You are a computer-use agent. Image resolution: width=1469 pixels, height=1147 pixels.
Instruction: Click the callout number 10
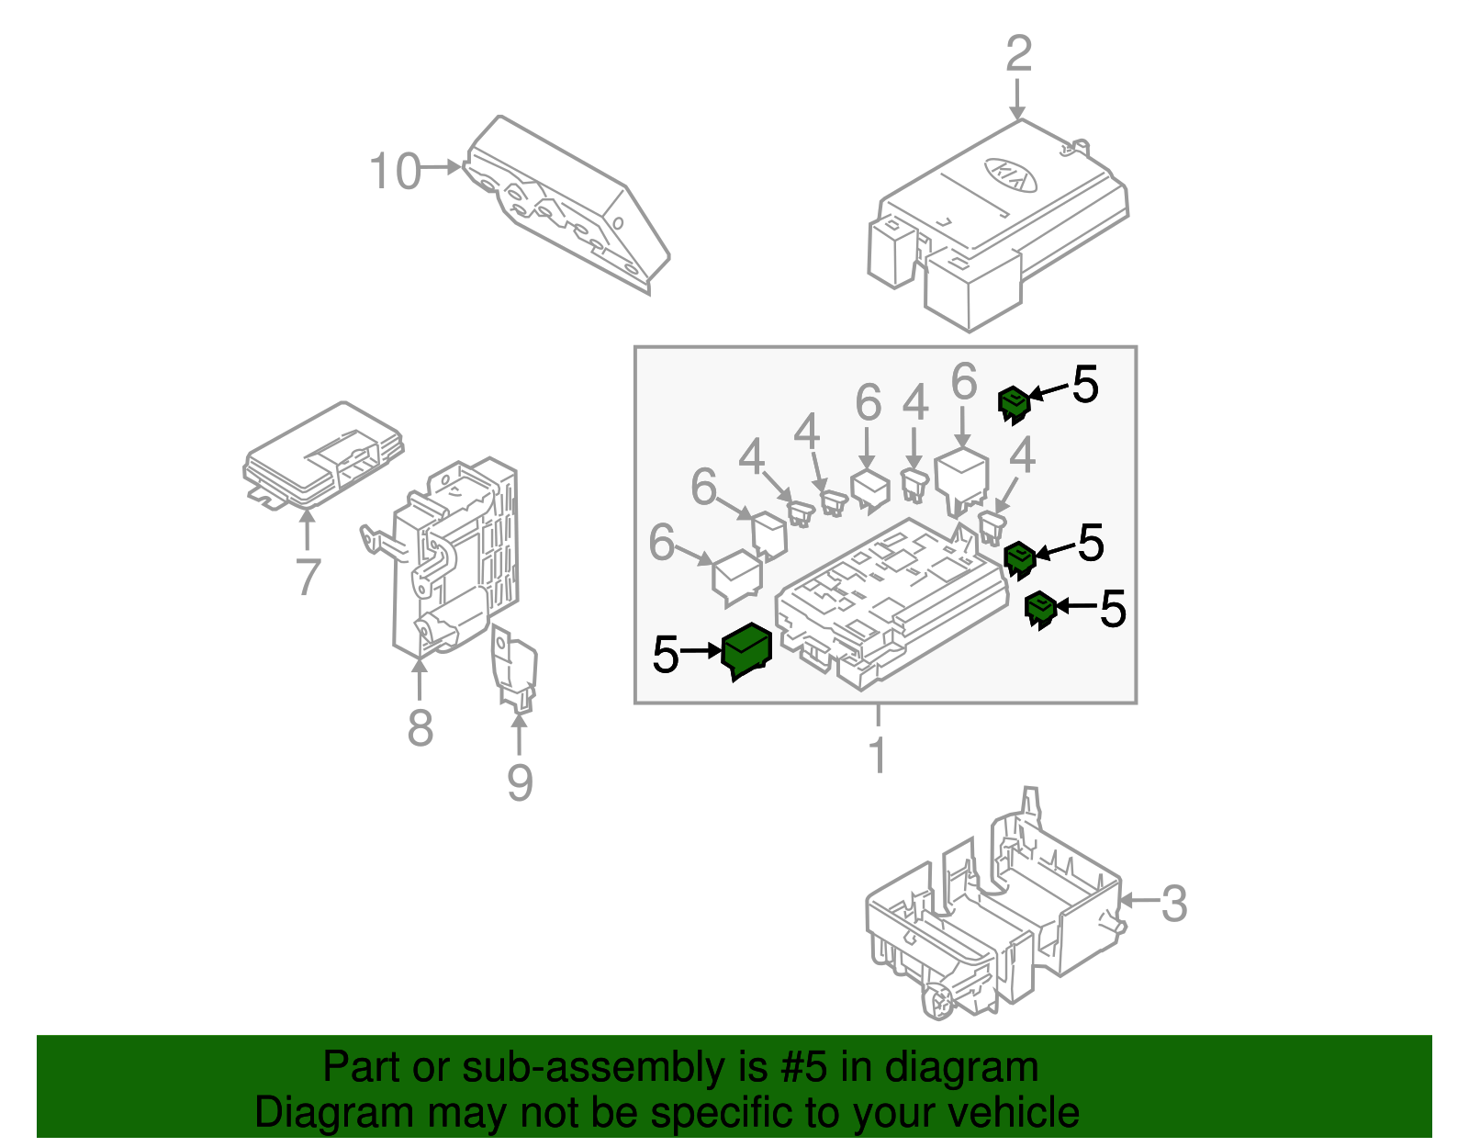point(395,172)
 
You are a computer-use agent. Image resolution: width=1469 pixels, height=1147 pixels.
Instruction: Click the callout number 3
point(1174,904)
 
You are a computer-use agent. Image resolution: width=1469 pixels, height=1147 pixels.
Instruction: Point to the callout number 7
point(308,577)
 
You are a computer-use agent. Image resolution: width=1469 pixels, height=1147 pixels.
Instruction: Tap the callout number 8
point(420,728)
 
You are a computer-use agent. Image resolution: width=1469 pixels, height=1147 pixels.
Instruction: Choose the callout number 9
point(520,782)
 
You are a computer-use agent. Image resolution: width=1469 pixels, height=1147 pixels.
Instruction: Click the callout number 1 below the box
point(878,756)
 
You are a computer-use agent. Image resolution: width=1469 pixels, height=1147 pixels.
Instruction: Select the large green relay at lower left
point(746,650)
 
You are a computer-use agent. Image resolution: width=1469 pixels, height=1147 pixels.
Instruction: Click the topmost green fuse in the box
point(1013,404)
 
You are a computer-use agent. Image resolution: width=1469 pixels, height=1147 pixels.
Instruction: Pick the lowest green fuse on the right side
point(1039,609)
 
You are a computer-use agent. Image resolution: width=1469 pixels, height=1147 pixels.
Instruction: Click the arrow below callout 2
point(1017,99)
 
